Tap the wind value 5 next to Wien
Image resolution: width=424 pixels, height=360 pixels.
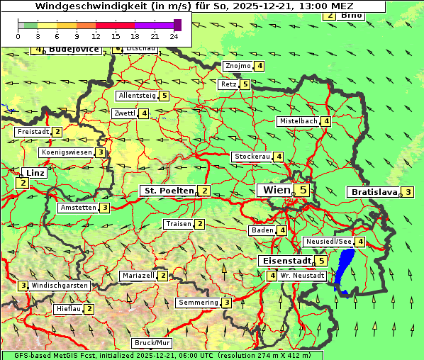[x=303, y=190]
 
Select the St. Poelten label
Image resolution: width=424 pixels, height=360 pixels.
[x=168, y=190]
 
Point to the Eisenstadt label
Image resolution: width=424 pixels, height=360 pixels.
[x=284, y=261]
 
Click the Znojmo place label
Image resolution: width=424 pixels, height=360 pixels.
[x=238, y=66]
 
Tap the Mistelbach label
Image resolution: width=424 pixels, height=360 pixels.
[x=299, y=121]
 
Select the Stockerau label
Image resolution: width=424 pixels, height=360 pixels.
[x=252, y=157]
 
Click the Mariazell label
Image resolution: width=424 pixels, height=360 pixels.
[x=138, y=275]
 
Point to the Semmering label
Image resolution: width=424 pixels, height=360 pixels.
[x=198, y=303]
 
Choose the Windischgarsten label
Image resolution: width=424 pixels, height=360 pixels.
[x=60, y=286]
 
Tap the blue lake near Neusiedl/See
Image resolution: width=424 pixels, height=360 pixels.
[x=345, y=269]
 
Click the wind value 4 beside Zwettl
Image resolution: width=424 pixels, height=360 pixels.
[x=144, y=113]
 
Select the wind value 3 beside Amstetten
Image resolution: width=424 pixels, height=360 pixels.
[x=104, y=208]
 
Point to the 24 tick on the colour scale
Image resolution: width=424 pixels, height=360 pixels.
[x=174, y=36]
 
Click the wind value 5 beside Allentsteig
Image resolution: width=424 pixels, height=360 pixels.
[x=164, y=96]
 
